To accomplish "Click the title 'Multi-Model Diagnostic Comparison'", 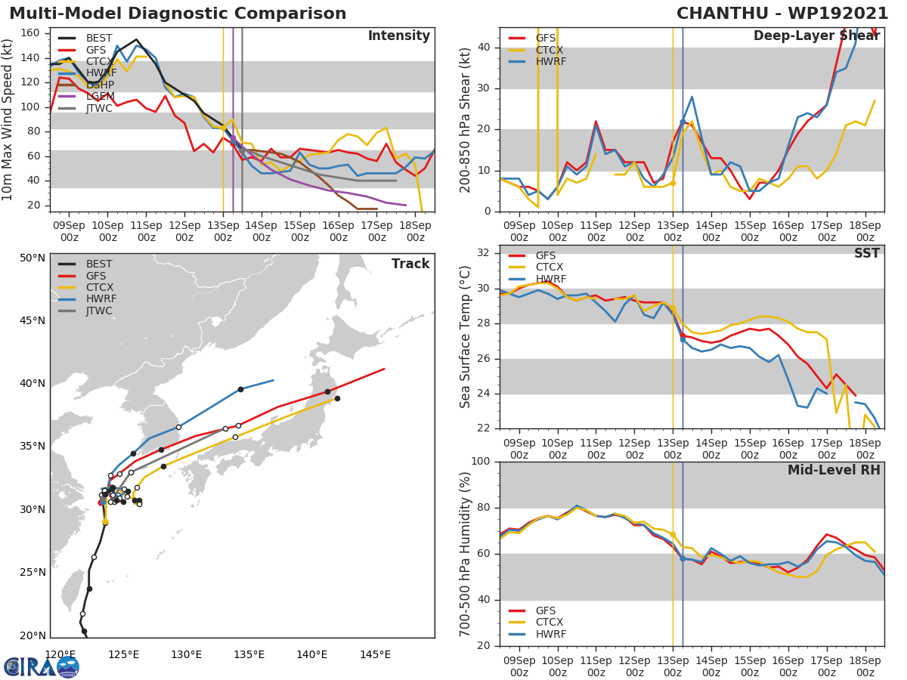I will (x=178, y=14).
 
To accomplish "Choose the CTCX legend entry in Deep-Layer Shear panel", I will (x=550, y=50).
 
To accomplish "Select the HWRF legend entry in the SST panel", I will (x=550, y=279).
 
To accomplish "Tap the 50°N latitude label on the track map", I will (x=33, y=258).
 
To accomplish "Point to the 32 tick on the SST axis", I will (x=484, y=253).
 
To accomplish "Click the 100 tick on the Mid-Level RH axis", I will (x=481, y=462).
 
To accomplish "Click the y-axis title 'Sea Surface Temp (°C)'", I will (x=466, y=336).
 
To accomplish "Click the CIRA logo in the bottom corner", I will (x=42, y=666).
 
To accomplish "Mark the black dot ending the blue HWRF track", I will (x=240, y=389).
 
